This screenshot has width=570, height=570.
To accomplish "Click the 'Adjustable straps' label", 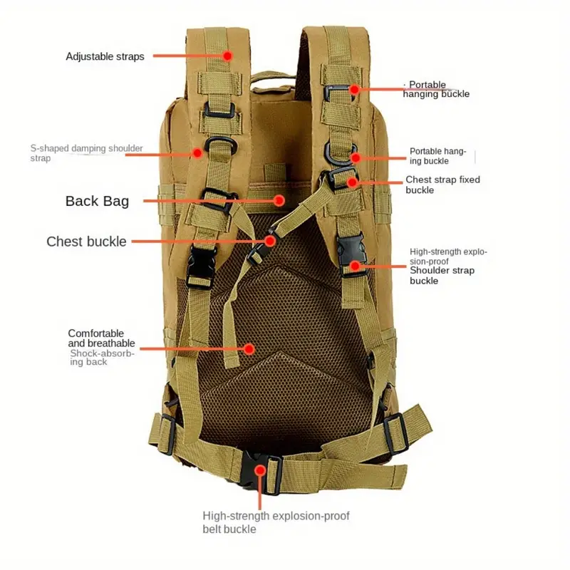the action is pyautogui.click(x=105, y=56).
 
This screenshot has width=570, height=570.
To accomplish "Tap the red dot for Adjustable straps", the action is pyautogui.click(x=227, y=56).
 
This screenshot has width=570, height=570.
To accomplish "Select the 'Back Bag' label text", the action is pyautogui.click(x=97, y=201).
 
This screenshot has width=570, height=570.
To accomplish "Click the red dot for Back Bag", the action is pyautogui.click(x=279, y=200).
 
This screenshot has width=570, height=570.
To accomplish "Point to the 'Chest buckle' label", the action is pyautogui.click(x=86, y=242).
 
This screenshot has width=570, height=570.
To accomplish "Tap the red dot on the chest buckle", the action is pyautogui.click(x=270, y=241).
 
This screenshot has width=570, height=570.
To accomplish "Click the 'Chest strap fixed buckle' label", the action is pyautogui.click(x=442, y=185).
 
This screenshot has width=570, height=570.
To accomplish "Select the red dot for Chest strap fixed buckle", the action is pyautogui.click(x=352, y=182).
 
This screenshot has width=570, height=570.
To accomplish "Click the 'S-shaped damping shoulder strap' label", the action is pyautogui.click(x=86, y=153).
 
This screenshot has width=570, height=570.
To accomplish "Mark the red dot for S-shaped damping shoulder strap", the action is pyautogui.click(x=197, y=152).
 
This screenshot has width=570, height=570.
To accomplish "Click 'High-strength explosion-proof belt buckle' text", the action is pyautogui.click(x=276, y=522).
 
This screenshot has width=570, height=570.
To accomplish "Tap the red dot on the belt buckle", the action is pyautogui.click(x=260, y=470).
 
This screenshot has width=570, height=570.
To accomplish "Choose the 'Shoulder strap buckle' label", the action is pyautogui.click(x=442, y=276).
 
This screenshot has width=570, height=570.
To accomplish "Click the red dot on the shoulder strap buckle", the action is pyautogui.click(x=355, y=266).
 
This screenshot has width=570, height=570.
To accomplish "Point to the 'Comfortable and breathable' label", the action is pyautogui.click(x=101, y=338).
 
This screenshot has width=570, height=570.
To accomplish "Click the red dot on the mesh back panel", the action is pyautogui.click(x=249, y=349).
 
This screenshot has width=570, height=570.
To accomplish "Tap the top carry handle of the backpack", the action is pyautogui.click(x=273, y=76).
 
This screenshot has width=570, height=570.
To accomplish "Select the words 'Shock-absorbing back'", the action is pyautogui.click(x=102, y=358).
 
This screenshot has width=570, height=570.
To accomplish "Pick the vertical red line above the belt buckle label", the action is pyautogui.click(x=260, y=491).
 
